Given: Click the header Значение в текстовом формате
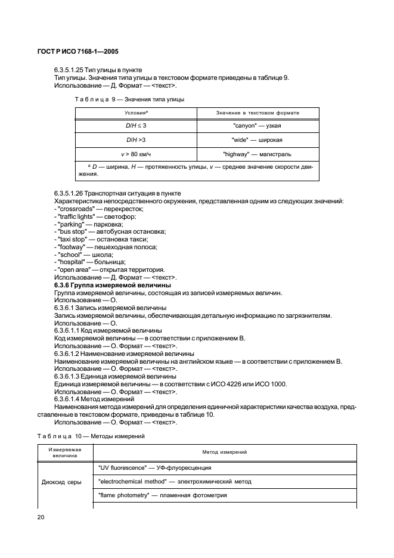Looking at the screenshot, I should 258,113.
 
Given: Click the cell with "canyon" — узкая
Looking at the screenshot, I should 258,126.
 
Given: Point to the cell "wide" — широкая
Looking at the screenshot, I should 258,141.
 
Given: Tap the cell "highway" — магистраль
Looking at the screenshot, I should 258,154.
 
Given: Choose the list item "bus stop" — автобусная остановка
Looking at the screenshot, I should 110,231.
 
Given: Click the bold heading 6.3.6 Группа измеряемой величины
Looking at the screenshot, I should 108,285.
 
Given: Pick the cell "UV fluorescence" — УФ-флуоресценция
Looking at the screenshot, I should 152,467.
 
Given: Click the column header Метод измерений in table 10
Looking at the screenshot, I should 224,452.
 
